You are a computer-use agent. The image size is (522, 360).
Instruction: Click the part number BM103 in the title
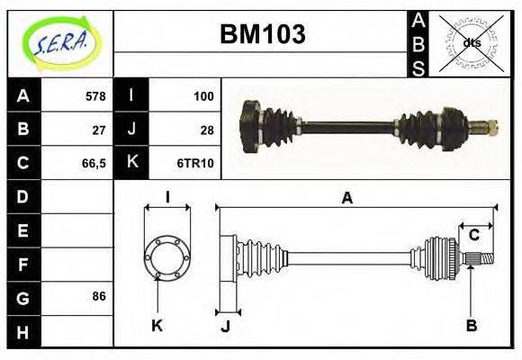pyautogui.click(x=263, y=34)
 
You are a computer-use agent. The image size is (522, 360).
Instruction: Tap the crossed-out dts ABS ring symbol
pyautogui.click(x=471, y=42)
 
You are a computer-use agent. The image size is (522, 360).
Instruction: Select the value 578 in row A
pyautogui.click(x=94, y=96)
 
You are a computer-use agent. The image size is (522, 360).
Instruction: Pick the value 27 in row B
pyautogui.click(x=99, y=130)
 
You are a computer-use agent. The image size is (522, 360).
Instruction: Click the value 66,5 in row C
pyautogui.click(x=93, y=163)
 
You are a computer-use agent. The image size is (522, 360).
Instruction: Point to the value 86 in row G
pyautogui.click(x=99, y=296)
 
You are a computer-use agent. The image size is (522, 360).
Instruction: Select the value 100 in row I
pyautogui.click(x=203, y=96)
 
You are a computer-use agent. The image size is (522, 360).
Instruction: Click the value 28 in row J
pyautogui.click(x=206, y=130)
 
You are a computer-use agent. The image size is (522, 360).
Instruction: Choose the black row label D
pyautogui.click(x=22, y=196)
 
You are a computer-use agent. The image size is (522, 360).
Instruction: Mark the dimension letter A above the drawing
pyautogui.click(x=346, y=199)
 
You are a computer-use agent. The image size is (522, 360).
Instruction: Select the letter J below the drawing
pyautogui.click(x=225, y=326)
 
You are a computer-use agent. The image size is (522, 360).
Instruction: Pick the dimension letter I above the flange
pyautogui.click(x=167, y=197)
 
